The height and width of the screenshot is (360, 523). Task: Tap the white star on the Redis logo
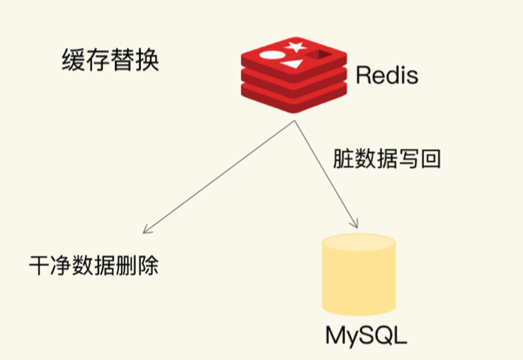[294, 47]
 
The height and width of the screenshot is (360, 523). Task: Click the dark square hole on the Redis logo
[320, 55]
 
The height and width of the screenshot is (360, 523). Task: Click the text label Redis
[386, 75]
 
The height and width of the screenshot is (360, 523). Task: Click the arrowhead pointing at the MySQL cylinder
[356, 222]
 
